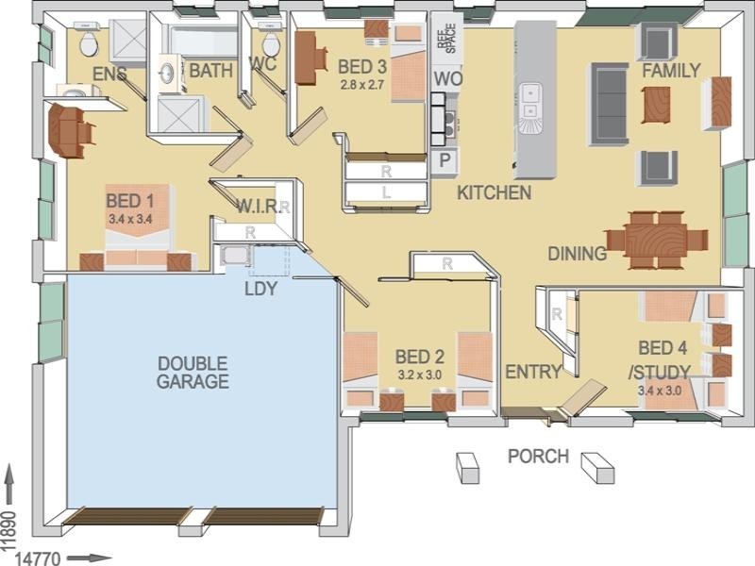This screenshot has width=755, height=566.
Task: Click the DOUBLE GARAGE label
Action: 193,372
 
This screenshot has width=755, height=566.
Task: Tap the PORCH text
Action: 538,457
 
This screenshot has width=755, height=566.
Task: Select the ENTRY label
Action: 533,372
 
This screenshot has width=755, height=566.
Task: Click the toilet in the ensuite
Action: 90,42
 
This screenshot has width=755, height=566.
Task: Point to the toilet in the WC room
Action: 271,43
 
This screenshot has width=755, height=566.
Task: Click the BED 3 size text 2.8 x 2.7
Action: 363,84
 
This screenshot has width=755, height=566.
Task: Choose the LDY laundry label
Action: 260,289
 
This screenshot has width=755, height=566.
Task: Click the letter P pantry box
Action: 444,161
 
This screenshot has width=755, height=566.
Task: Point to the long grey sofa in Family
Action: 608,104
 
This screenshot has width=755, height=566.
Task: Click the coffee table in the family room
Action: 656,104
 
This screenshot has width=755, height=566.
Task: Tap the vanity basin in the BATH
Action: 169,72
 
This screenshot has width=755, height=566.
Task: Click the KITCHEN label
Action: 494,192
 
